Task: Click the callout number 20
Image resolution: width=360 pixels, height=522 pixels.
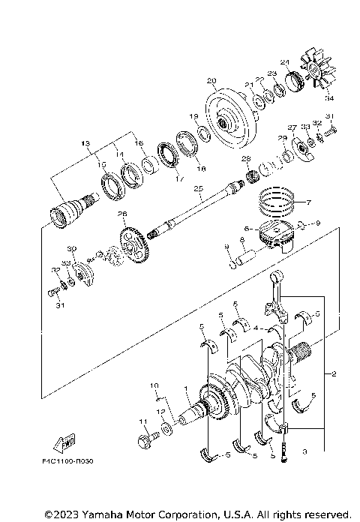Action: [x=211, y=81]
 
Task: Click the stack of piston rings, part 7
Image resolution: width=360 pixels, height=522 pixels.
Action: [x=277, y=200]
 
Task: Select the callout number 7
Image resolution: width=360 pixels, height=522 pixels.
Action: [x=307, y=202]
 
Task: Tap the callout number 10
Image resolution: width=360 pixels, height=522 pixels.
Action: [x=156, y=386]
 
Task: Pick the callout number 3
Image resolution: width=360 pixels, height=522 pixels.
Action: [x=304, y=452]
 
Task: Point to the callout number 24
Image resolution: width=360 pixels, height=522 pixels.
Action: [x=285, y=62]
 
